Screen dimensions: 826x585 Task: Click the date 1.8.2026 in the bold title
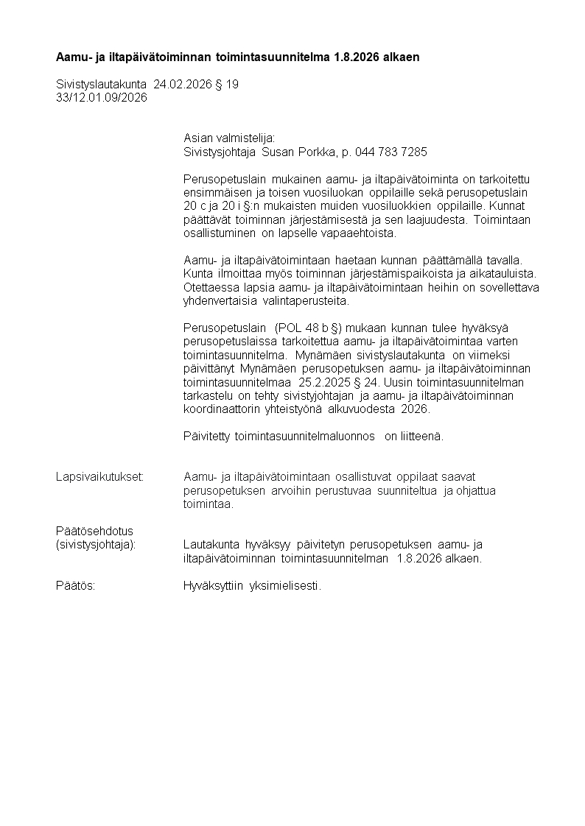(358, 57)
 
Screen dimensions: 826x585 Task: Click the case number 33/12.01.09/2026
(102, 97)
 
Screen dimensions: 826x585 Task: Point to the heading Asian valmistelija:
(228, 138)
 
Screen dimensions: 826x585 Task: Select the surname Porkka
(315, 152)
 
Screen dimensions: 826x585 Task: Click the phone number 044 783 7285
(390, 152)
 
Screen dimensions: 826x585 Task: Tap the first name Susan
(277, 152)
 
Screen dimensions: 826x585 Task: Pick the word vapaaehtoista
(361, 233)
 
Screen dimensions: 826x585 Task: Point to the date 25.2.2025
(321, 382)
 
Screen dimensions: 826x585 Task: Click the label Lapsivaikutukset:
(99, 477)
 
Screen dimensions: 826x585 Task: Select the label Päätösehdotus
(94, 531)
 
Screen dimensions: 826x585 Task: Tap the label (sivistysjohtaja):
(101, 544)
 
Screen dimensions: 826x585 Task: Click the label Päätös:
(76, 585)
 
